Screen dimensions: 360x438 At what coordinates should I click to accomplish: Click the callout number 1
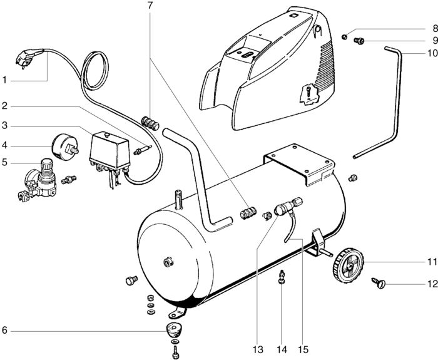point(4,80)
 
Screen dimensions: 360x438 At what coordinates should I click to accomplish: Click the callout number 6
point(4,331)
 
